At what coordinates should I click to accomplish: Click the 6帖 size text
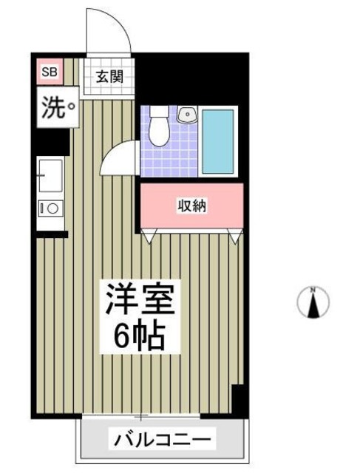click(138, 337)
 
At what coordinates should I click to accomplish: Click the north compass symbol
click(313, 302)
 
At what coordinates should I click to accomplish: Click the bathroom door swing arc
click(118, 157)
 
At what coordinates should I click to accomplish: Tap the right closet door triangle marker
click(235, 236)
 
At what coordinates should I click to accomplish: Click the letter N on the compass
click(313, 289)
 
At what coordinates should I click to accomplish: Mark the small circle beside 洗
click(71, 112)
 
